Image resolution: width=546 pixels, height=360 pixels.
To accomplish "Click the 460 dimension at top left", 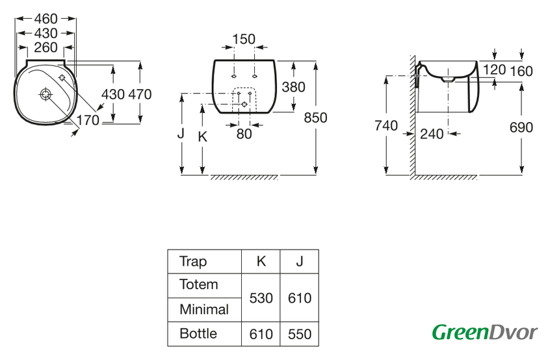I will click(45, 19).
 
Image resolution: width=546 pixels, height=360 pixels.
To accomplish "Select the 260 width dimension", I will click(45, 47).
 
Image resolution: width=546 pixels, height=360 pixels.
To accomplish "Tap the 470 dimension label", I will click(140, 94).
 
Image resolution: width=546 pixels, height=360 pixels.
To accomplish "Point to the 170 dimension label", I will click(87, 120).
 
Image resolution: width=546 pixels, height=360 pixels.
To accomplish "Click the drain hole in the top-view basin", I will click(45, 94).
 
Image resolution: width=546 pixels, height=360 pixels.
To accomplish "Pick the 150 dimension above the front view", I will click(244, 39).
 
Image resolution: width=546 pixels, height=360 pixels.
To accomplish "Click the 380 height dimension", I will click(293, 87).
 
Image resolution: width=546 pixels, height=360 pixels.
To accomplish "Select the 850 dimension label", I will click(315, 118).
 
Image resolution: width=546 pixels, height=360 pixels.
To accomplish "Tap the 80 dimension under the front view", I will click(244, 135).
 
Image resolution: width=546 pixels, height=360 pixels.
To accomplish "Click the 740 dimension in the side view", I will click(387, 127).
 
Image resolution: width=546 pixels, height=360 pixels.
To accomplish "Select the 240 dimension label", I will click(432, 134).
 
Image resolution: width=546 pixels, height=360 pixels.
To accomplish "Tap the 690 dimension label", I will click(521, 127).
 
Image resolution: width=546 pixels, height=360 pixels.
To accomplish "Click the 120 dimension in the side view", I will click(495, 70).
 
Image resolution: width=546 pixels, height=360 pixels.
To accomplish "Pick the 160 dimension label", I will click(521, 70).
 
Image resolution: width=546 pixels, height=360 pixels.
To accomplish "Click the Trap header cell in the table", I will click(193, 262).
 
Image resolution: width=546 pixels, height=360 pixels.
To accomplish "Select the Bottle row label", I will click(198, 334).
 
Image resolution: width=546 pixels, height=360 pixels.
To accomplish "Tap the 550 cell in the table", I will click(299, 335).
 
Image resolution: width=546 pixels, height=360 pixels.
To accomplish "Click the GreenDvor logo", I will click(485, 332).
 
